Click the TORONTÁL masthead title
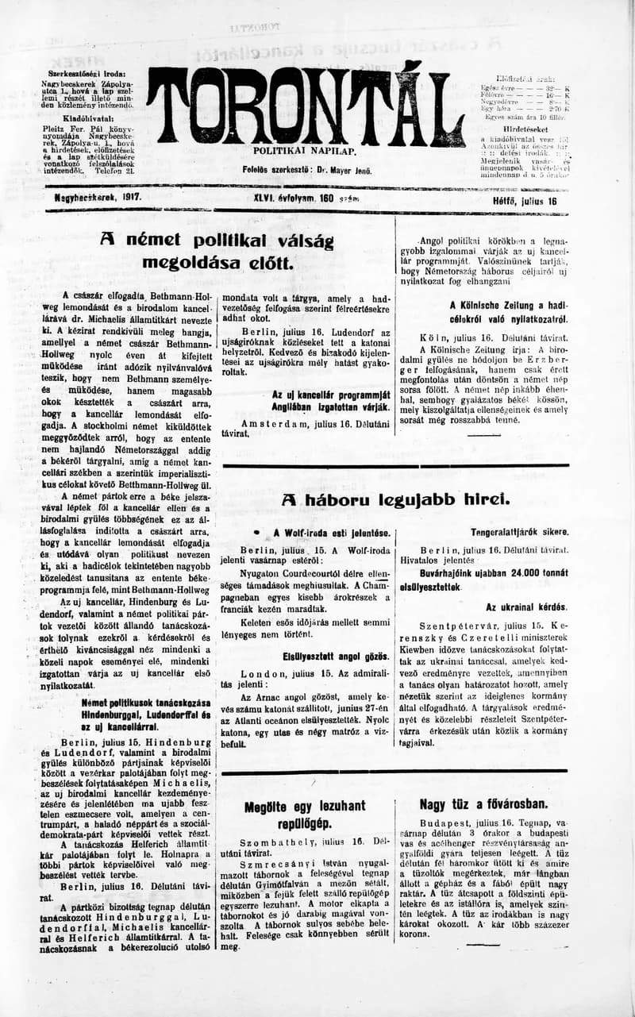(x=310, y=103)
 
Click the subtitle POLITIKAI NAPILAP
(x=305, y=150)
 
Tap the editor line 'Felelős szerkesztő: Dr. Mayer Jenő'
(x=307, y=170)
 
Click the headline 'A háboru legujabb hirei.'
(x=394, y=499)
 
